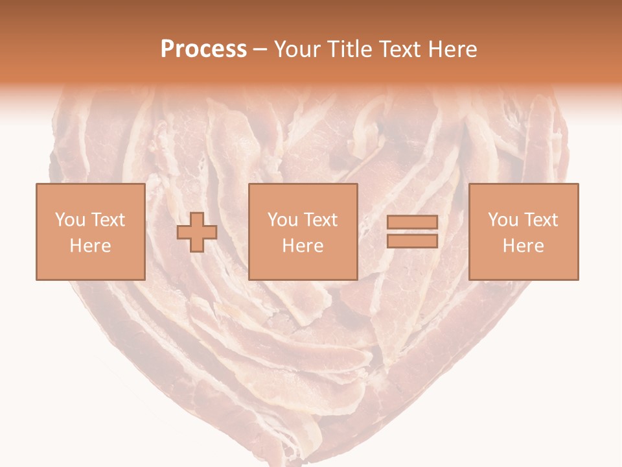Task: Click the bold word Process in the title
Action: tap(203, 49)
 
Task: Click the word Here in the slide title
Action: tap(454, 49)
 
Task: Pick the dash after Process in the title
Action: tap(260, 50)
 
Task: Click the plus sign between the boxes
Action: tap(197, 232)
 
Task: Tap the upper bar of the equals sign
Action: tap(412, 222)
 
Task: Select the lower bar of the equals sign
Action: tap(412, 241)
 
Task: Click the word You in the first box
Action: tap(70, 220)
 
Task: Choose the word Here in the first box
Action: tap(90, 246)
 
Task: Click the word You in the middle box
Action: tap(283, 220)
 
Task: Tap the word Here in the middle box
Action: tap(303, 246)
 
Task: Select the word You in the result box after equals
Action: tap(503, 220)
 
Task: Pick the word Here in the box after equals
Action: tap(524, 246)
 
